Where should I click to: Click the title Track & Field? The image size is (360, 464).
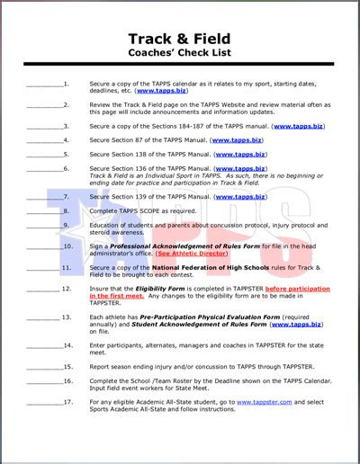[x=180, y=40]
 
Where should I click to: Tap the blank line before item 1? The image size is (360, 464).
[x=44, y=85]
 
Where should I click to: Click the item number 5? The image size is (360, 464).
[x=67, y=155]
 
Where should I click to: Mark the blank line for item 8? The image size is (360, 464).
[x=44, y=210]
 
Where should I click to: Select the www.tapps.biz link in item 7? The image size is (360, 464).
[x=240, y=197]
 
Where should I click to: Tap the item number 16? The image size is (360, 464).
[x=67, y=380]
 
